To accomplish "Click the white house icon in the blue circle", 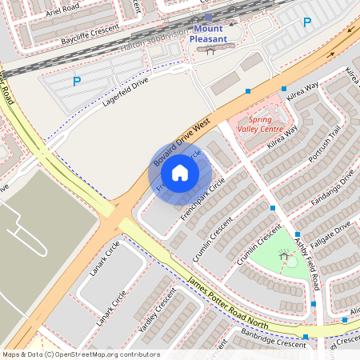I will click(x=180, y=173).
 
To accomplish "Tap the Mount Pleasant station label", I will click(x=210, y=34).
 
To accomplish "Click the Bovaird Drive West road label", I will click(x=182, y=144).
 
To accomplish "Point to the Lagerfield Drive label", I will click(x=126, y=96).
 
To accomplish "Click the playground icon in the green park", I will click(x=282, y=254).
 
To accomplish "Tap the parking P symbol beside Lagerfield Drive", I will click(x=77, y=81).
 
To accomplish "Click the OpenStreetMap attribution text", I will click(x=81, y=354).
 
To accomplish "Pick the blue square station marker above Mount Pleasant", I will click(x=208, y=17).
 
